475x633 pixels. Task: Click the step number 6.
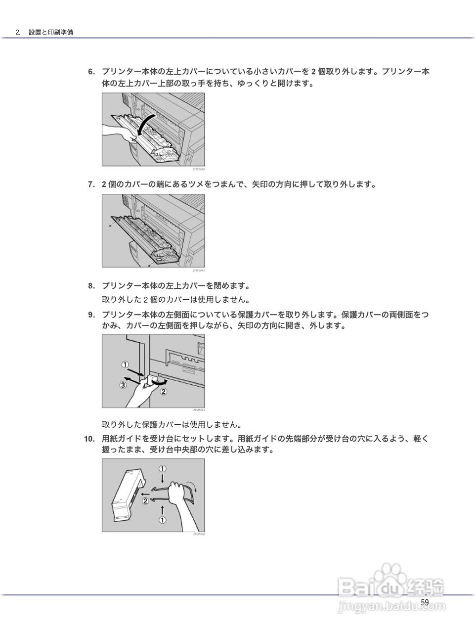point(91,72)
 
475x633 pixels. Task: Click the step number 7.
point(91,185)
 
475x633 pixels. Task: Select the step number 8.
point(91,286)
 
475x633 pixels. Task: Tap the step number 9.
point(91,315)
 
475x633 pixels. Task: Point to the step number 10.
point(89,439)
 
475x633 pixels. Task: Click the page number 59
point(425,602)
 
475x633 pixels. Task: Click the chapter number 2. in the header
point(18,32)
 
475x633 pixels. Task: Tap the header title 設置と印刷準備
point(51,32)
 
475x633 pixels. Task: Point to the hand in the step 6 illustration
point(119,132)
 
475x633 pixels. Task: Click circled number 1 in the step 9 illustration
point(125,365)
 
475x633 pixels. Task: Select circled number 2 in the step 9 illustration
point(164,392)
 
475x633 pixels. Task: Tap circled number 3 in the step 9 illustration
point(123,385)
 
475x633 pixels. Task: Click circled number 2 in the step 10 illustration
point(145,500)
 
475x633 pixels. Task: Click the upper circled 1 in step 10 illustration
point(162,468)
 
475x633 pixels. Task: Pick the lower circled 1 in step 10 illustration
point(162,520)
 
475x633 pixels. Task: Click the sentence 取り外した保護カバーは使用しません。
point(172,425)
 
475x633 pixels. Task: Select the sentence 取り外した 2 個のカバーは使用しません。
point(176,300)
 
